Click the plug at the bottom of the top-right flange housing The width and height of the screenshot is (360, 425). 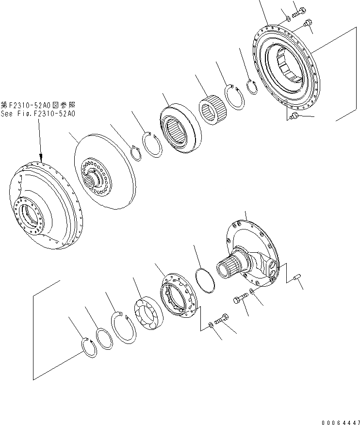[293, 116]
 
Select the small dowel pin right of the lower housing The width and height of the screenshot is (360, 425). [297, 278]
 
